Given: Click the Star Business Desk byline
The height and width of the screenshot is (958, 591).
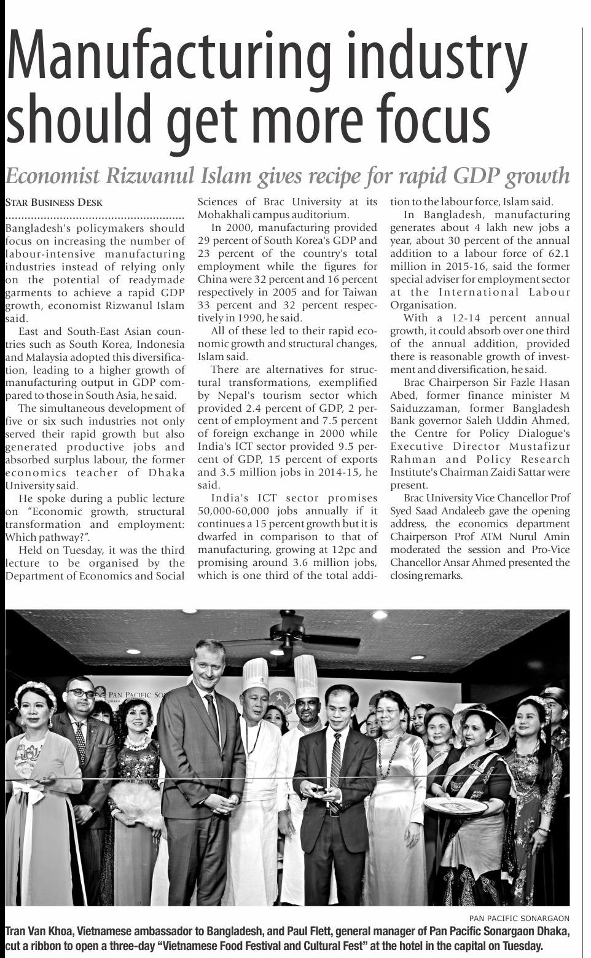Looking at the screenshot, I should click(x=54, y=202).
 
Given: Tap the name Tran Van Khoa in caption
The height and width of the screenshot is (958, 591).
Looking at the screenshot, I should click(x=37, y=932).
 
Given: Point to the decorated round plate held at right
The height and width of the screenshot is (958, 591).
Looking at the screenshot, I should click(x=455, y=806).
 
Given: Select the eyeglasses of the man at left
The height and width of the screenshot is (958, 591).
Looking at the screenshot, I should click(x=81, y=693).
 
